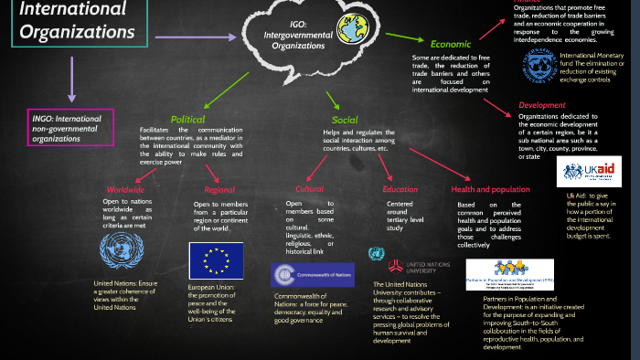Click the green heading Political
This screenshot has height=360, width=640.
click(187, 119)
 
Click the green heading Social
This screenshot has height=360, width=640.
click(345, 120)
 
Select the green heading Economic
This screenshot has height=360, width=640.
click(450, 43)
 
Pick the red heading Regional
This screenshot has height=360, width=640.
click(219, 189)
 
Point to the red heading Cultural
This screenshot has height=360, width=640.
click(310, 189)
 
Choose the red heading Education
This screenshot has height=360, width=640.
click(400, 189)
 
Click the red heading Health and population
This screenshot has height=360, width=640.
click(491, 189)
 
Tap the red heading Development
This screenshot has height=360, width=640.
click(541, 105)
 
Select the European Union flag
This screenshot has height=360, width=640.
click(216, 260)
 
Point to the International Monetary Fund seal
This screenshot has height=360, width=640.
click(539, 66)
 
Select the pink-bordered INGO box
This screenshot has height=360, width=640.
click(69, 127)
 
